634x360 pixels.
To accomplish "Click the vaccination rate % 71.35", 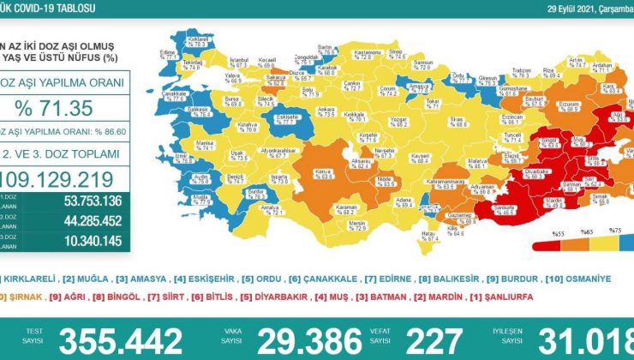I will [66, 108].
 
